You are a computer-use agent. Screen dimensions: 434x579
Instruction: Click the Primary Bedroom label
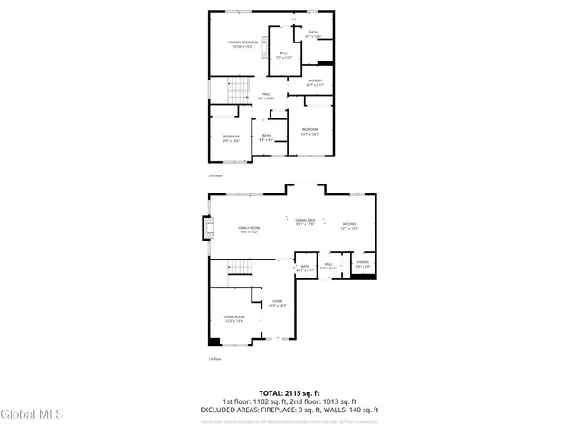[242, 44]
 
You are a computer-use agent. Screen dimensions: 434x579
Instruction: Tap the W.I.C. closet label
[283, 56]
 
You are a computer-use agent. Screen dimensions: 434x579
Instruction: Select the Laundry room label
[314, 83]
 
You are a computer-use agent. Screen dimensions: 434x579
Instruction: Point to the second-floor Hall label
[266, 96]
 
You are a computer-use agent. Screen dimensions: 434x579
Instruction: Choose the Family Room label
[249, 230]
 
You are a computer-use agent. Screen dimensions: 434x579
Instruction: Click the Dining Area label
[305, 222]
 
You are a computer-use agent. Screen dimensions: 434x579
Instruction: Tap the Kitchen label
[349, 226]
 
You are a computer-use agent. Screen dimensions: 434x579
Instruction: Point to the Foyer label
[277, 304]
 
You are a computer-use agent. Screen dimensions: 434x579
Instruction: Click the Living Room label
[234, 318]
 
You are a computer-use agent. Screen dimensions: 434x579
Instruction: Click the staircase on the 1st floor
[237, 266]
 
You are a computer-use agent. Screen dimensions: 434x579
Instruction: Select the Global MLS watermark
[33, 415]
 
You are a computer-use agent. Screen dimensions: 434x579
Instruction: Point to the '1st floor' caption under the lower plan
[214, 359]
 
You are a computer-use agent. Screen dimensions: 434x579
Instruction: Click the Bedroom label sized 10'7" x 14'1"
[310, 131]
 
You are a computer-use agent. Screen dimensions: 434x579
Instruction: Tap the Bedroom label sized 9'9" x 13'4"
[232, 138]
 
